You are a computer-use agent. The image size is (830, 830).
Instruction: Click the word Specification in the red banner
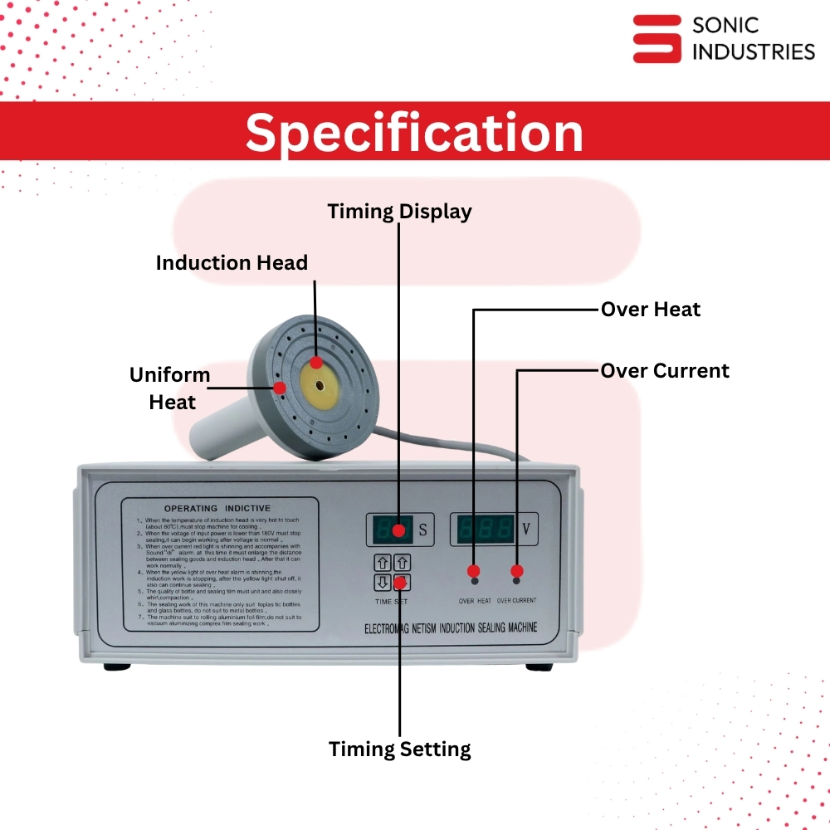pyautogui.click(x=414, y=133)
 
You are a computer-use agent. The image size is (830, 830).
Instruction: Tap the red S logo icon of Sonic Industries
pyautogui.click(x=657, y=38)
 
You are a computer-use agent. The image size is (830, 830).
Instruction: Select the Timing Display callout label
pyautogui.click(x=399, y=211)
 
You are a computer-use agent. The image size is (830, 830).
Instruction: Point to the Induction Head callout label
pyautogui.click(x=232, y=263)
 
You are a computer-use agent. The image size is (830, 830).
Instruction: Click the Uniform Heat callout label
pyautogui.click(x=171, y=388)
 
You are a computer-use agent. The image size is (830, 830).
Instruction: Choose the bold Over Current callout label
pyautogui.click(x=665, y=370)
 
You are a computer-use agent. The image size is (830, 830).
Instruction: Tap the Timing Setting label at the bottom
pyautogui.click(x=399, y=749)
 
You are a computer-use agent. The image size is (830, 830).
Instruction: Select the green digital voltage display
pyautogui.click(x=484, y=529)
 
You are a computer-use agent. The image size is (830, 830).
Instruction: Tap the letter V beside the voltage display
pyautogui.click(x=526, y=529)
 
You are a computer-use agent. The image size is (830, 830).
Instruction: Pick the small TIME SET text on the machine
pyautogui.click(x=391, y=601)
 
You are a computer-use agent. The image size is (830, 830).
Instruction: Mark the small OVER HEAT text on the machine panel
pyautogui.click(x=475, y=600)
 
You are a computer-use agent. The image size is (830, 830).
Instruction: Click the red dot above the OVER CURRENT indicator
pyautogui.click(x=517, y=571)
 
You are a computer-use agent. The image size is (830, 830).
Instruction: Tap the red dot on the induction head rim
pyautogui.click(x=281, y=388)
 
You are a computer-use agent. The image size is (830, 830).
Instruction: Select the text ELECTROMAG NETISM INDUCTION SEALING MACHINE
pyautogui.click(x=451, y=627)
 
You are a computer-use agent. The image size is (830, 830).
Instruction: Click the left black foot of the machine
pyautogui.click(x=118, y=666)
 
